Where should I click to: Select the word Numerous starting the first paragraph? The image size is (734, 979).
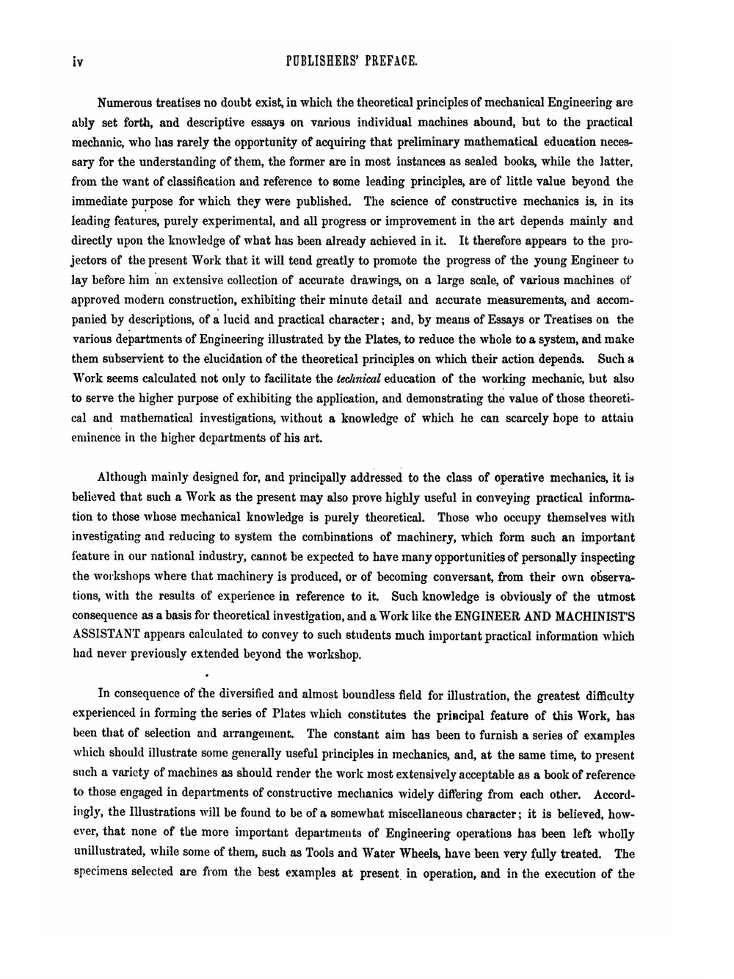(x=126, y=102)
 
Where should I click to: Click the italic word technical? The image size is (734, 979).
(x=355, y=379)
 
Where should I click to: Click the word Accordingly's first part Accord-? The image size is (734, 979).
(x=613, y=795)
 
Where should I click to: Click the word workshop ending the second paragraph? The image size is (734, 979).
(x=335, y=655)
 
